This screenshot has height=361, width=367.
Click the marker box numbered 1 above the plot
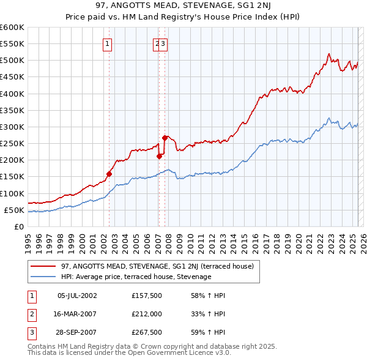[107, 43]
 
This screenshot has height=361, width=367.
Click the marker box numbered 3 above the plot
[164, 43]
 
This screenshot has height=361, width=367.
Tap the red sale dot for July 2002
[109, 174]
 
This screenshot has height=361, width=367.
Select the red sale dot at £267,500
[165, 138]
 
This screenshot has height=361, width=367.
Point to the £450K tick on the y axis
[12, 77]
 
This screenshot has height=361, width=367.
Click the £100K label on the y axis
[12, 193]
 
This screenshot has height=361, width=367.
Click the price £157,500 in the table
[146, 296]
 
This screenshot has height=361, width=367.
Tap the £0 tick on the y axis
[18, 226]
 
